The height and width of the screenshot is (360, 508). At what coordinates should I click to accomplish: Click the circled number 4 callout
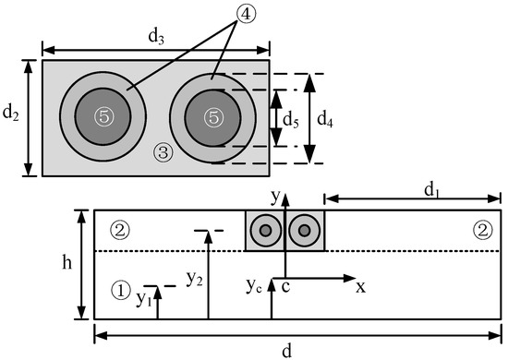247,14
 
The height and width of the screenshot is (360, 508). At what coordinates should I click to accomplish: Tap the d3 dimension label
156,37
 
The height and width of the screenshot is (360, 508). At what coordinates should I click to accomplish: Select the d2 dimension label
11,114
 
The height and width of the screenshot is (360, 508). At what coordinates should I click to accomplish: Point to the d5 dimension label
291,122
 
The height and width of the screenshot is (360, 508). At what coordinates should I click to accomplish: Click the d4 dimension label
324,120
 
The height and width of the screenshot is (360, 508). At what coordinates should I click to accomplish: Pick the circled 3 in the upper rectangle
163,152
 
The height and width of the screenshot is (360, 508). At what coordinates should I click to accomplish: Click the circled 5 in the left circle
104,116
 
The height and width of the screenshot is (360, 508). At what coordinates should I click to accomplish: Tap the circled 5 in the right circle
213,117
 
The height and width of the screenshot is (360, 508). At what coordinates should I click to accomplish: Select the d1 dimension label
432,190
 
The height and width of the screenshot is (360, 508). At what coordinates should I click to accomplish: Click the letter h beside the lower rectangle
67,262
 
